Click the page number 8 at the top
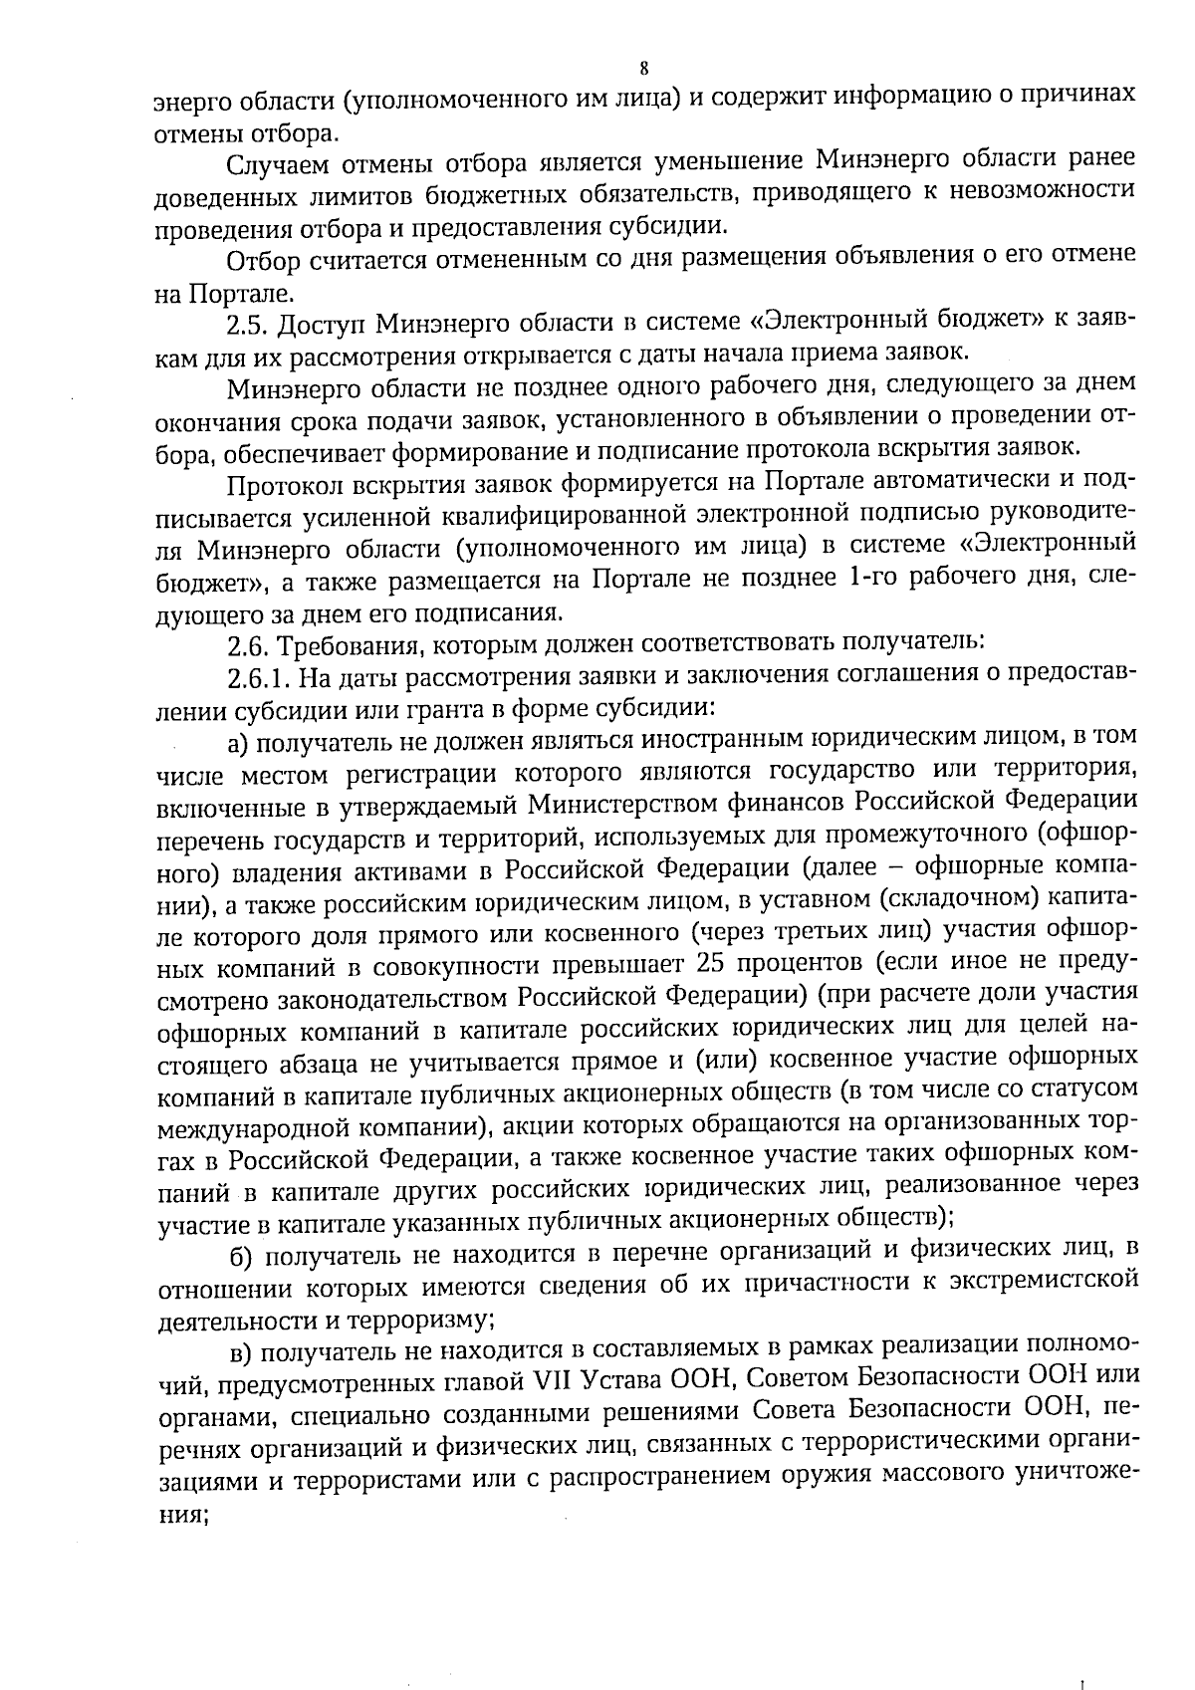pos(643,69)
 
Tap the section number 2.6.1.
pos(259,676)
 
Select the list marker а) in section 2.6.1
pos(237,740)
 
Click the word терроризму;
pos(421,1318)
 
